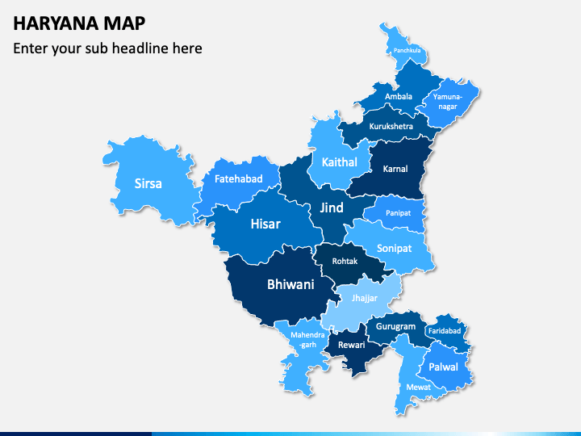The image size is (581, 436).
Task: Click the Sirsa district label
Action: click(148, 183)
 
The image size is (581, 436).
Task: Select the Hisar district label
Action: click(265, 223)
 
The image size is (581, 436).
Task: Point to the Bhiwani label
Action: click(290, 284)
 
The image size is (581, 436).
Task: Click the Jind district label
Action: click(331, 208)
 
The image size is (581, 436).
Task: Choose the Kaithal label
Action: click(339, 162)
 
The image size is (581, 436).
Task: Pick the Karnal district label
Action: click(395, 169)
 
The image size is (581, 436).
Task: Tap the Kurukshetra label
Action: click(391, 126)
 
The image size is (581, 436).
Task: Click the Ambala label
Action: click(398, 97)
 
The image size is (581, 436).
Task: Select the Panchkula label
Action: click(408, 51)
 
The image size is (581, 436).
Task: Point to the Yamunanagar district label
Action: click(448, 101)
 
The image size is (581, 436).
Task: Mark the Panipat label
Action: click(398, 213)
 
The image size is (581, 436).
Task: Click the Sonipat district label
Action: click(395, 249)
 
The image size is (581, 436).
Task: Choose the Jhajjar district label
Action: click(364, 298)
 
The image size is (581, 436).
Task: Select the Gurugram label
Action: click(396, 327)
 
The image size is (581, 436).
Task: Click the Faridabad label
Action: click(445, 331)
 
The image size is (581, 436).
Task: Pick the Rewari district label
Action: click(351, 345)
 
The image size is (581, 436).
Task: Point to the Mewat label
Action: click(419, 387)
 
